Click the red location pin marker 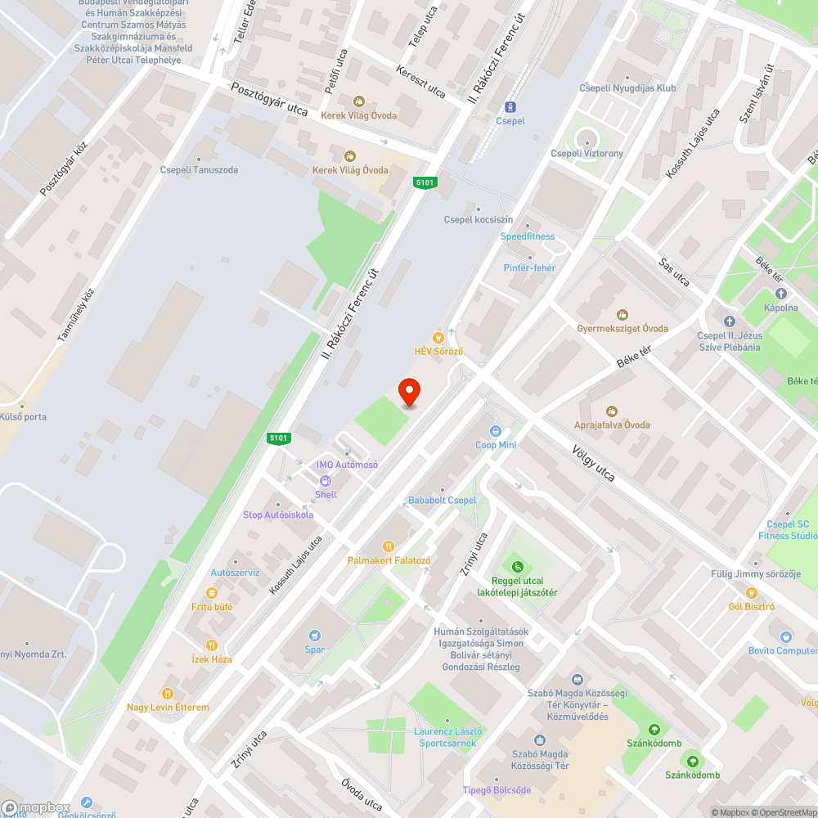409,393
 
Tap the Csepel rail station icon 510,106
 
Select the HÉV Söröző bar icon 438,336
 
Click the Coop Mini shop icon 496,431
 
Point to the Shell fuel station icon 325,482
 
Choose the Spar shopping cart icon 315,636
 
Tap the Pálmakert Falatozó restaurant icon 389,546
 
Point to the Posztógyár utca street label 269,99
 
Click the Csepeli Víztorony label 587,153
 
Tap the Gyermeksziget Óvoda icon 622,315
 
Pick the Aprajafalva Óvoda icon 611,411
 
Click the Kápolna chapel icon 780,294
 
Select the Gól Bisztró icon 751,593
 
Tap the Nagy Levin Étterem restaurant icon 168,693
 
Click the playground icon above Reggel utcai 517,566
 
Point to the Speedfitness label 528,236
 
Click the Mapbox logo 37,807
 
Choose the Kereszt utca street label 420,80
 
